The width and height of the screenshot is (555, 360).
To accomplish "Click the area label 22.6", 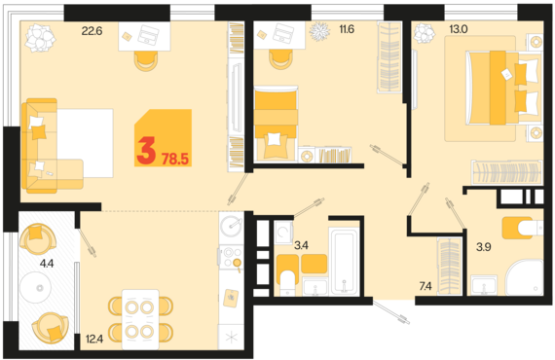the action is (x=92, y=31).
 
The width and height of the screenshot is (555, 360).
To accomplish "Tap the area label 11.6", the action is (x=347, y=29).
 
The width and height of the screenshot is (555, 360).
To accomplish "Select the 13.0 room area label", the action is (x=459, y=29).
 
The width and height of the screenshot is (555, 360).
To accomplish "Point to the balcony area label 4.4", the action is (x=47, y=263).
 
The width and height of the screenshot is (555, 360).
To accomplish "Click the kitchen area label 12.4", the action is (x=94, y=340).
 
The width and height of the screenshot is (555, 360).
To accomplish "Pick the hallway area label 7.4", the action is (x=425, y=286).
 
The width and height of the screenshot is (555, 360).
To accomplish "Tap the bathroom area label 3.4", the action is (x=301, y=245).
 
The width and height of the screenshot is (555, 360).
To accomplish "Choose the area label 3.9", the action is (x=484, y=247).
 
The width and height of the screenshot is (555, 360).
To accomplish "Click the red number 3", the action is (x=146, y=152).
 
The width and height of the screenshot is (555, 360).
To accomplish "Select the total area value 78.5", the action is (x=175, y=160).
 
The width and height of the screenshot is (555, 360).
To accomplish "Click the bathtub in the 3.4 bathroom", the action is (x=344, y=261).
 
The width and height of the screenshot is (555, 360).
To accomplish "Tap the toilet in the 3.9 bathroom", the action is (x=523, y=228).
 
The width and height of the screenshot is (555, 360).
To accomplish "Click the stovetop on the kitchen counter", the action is (x=231, y=257).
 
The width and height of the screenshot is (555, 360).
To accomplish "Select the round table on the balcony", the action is (x=35, y=287).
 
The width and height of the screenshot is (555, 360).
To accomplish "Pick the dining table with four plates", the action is (x=140, y=319).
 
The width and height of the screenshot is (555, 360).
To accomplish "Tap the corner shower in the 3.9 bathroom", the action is (x=525, y=277).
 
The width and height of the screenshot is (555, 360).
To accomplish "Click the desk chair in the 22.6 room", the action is (x=146, y=61).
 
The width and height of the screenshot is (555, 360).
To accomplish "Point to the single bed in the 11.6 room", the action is (x=276, y=123).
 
